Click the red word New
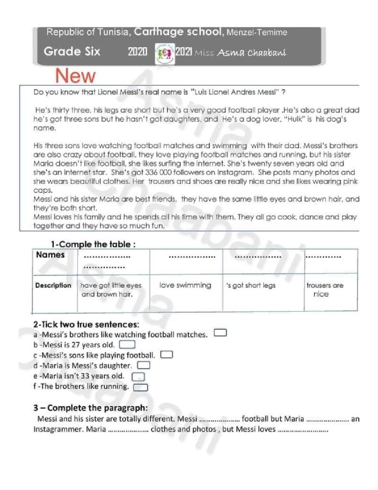76,76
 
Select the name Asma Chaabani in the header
252,53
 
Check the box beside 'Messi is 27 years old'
127,344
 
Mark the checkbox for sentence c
167,355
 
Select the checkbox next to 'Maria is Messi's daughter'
144,366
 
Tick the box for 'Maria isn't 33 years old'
138,377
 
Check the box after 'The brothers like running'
140,387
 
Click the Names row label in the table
50,255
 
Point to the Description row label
54,286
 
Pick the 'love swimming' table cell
185,286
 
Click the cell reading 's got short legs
251,286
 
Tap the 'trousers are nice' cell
324,290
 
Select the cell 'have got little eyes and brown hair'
111,290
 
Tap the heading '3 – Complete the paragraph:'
90,408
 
